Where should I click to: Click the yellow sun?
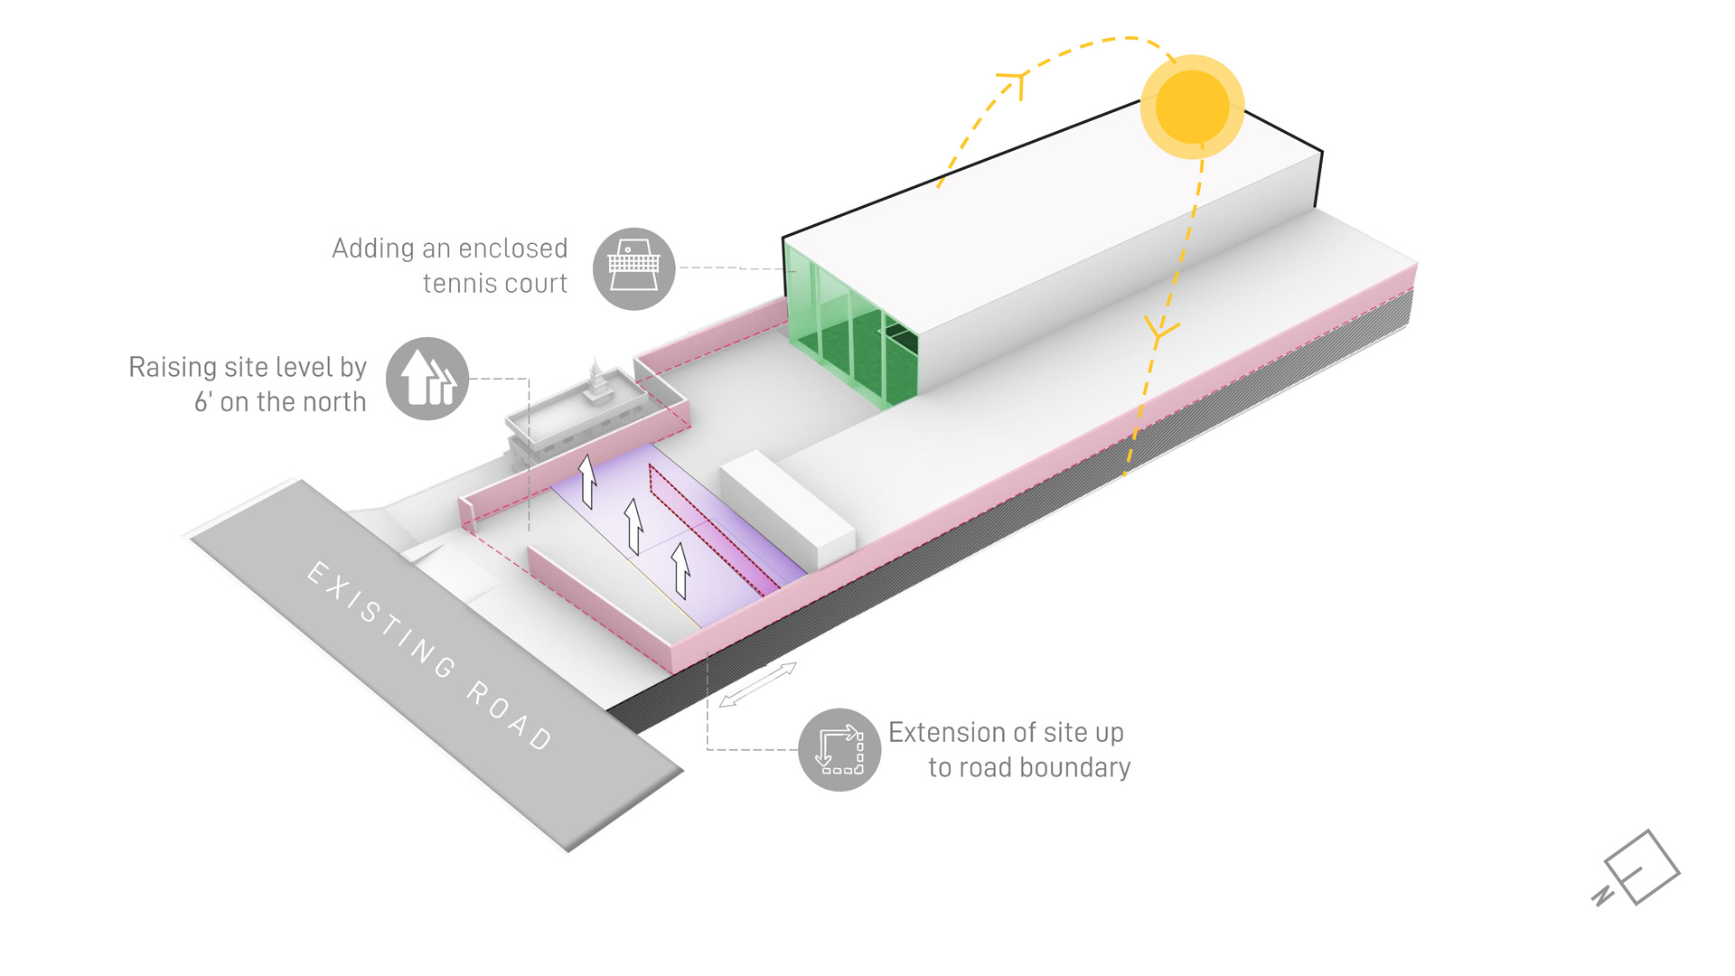(x=1192, y=107)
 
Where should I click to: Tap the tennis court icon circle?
(x=633, y=268)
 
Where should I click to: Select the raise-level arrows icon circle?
(x=427, y=379)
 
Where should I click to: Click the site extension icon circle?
(x=839, y=749)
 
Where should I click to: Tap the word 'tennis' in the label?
(x=458, y=284)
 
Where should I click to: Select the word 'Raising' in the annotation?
(x=173, y=368)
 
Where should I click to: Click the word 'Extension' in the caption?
(x=948, y=732)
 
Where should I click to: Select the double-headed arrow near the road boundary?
(x=758, y=684)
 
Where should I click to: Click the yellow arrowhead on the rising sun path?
(x=1016, y=83)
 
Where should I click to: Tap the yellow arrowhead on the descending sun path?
(x=1160, y=331)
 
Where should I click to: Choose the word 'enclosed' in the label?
(x=512, y=249)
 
